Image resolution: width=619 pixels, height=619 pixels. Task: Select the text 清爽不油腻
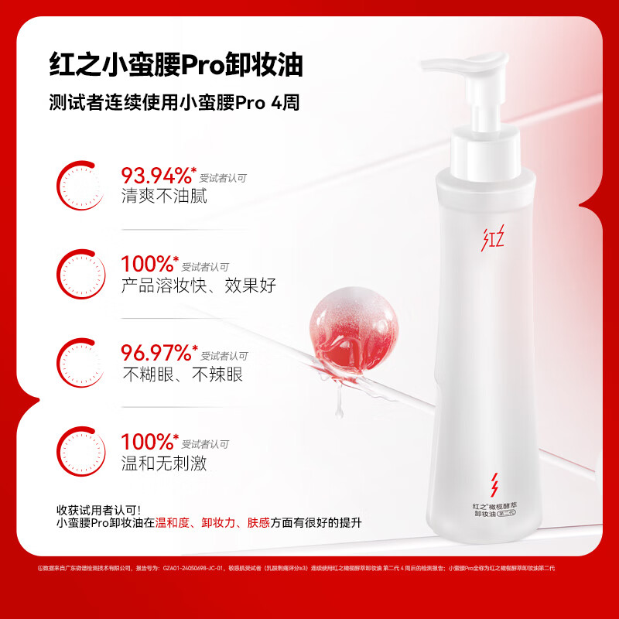coord(163,196)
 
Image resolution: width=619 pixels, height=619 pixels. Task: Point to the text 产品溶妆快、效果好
coord(198,286)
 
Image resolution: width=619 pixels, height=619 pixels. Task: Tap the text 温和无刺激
coord(163,463)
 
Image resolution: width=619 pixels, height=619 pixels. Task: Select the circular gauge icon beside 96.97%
coord(81,361)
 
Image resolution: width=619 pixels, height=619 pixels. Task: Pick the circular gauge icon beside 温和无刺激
coord(81,450)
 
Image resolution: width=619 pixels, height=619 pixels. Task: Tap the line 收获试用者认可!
coord(99,510)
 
